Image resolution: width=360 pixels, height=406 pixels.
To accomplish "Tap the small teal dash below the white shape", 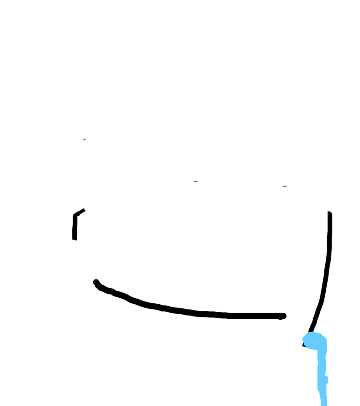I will tap(84, 139).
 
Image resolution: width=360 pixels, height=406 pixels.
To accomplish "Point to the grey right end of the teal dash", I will tap(86, 139).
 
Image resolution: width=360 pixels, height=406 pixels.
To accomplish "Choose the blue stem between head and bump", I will tap(322, 363).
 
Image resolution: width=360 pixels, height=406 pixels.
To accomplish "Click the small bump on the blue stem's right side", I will tap(327, 379).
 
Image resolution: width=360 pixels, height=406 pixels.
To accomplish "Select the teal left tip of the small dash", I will tap(83, 140).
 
